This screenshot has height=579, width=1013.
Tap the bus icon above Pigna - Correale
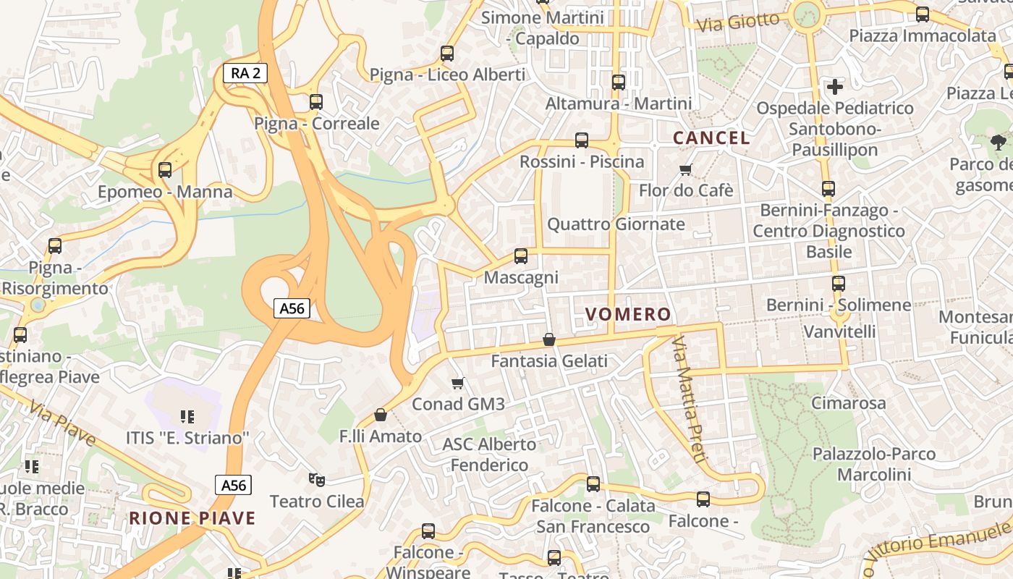tap(316, 102)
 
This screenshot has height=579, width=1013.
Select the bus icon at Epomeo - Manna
tap(165, 170)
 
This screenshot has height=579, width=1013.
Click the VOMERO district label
tap(628, 314)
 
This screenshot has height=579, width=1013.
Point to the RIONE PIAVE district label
tap(192, 518)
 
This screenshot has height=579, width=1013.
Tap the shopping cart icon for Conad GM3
tap(457, 383)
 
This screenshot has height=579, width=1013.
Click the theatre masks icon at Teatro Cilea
tap(317, 479)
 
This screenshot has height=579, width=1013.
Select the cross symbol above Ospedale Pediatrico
tap(835, 87)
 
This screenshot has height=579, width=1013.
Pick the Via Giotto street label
tap(738, 22)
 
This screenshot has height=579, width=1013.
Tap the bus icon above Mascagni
tap(521, 255)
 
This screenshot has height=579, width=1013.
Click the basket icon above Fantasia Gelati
tap(549, 339)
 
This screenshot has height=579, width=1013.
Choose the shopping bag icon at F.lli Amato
tap(381, 415)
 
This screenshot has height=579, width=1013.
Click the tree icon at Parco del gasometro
tap(999, 143)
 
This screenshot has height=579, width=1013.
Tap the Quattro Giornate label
tap(616, 224)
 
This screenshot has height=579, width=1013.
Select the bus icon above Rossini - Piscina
tap(582, 140)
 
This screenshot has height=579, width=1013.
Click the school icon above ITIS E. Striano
tap(187, 416)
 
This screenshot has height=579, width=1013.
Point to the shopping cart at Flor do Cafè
tap(686, 169)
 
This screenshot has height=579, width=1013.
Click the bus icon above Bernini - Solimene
tap(839, 284)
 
